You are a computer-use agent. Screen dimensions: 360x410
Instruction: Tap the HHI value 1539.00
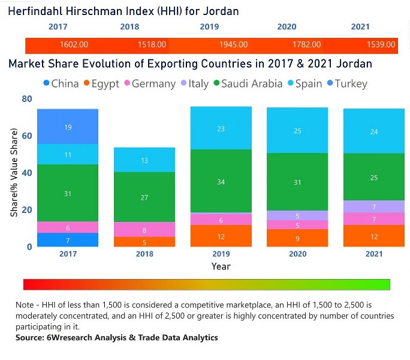tap(381, 45)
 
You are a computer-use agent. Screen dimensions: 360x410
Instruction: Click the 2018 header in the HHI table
tap(129, 27)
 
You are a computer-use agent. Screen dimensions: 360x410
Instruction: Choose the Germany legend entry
tap(149, 84)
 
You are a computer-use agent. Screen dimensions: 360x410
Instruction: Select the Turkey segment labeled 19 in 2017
tap(68, 127)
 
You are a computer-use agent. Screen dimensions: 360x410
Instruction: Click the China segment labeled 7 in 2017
tap(68, 240)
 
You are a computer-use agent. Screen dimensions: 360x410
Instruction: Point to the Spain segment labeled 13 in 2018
tap(144, 160)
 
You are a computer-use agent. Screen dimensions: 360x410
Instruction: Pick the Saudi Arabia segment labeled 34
tap(221, 181)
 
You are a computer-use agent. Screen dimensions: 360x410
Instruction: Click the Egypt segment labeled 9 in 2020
tap(297, 238)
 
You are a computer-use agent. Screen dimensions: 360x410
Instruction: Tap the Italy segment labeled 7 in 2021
tap(374, 207)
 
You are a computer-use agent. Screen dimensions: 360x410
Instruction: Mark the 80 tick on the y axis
tap(26, 99)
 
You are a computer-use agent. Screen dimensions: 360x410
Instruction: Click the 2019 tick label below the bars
tap(221, 254)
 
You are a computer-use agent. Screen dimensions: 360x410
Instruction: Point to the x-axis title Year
tap(221, 266)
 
